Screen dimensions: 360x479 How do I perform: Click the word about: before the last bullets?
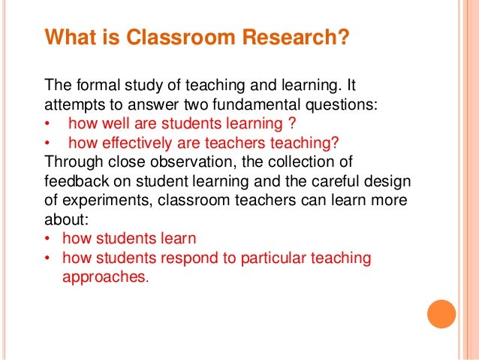click(65, 220)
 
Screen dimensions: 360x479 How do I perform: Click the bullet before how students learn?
click(48, 240)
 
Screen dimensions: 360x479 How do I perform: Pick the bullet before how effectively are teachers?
click(48, 143)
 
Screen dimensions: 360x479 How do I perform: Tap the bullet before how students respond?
click(48, 259)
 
